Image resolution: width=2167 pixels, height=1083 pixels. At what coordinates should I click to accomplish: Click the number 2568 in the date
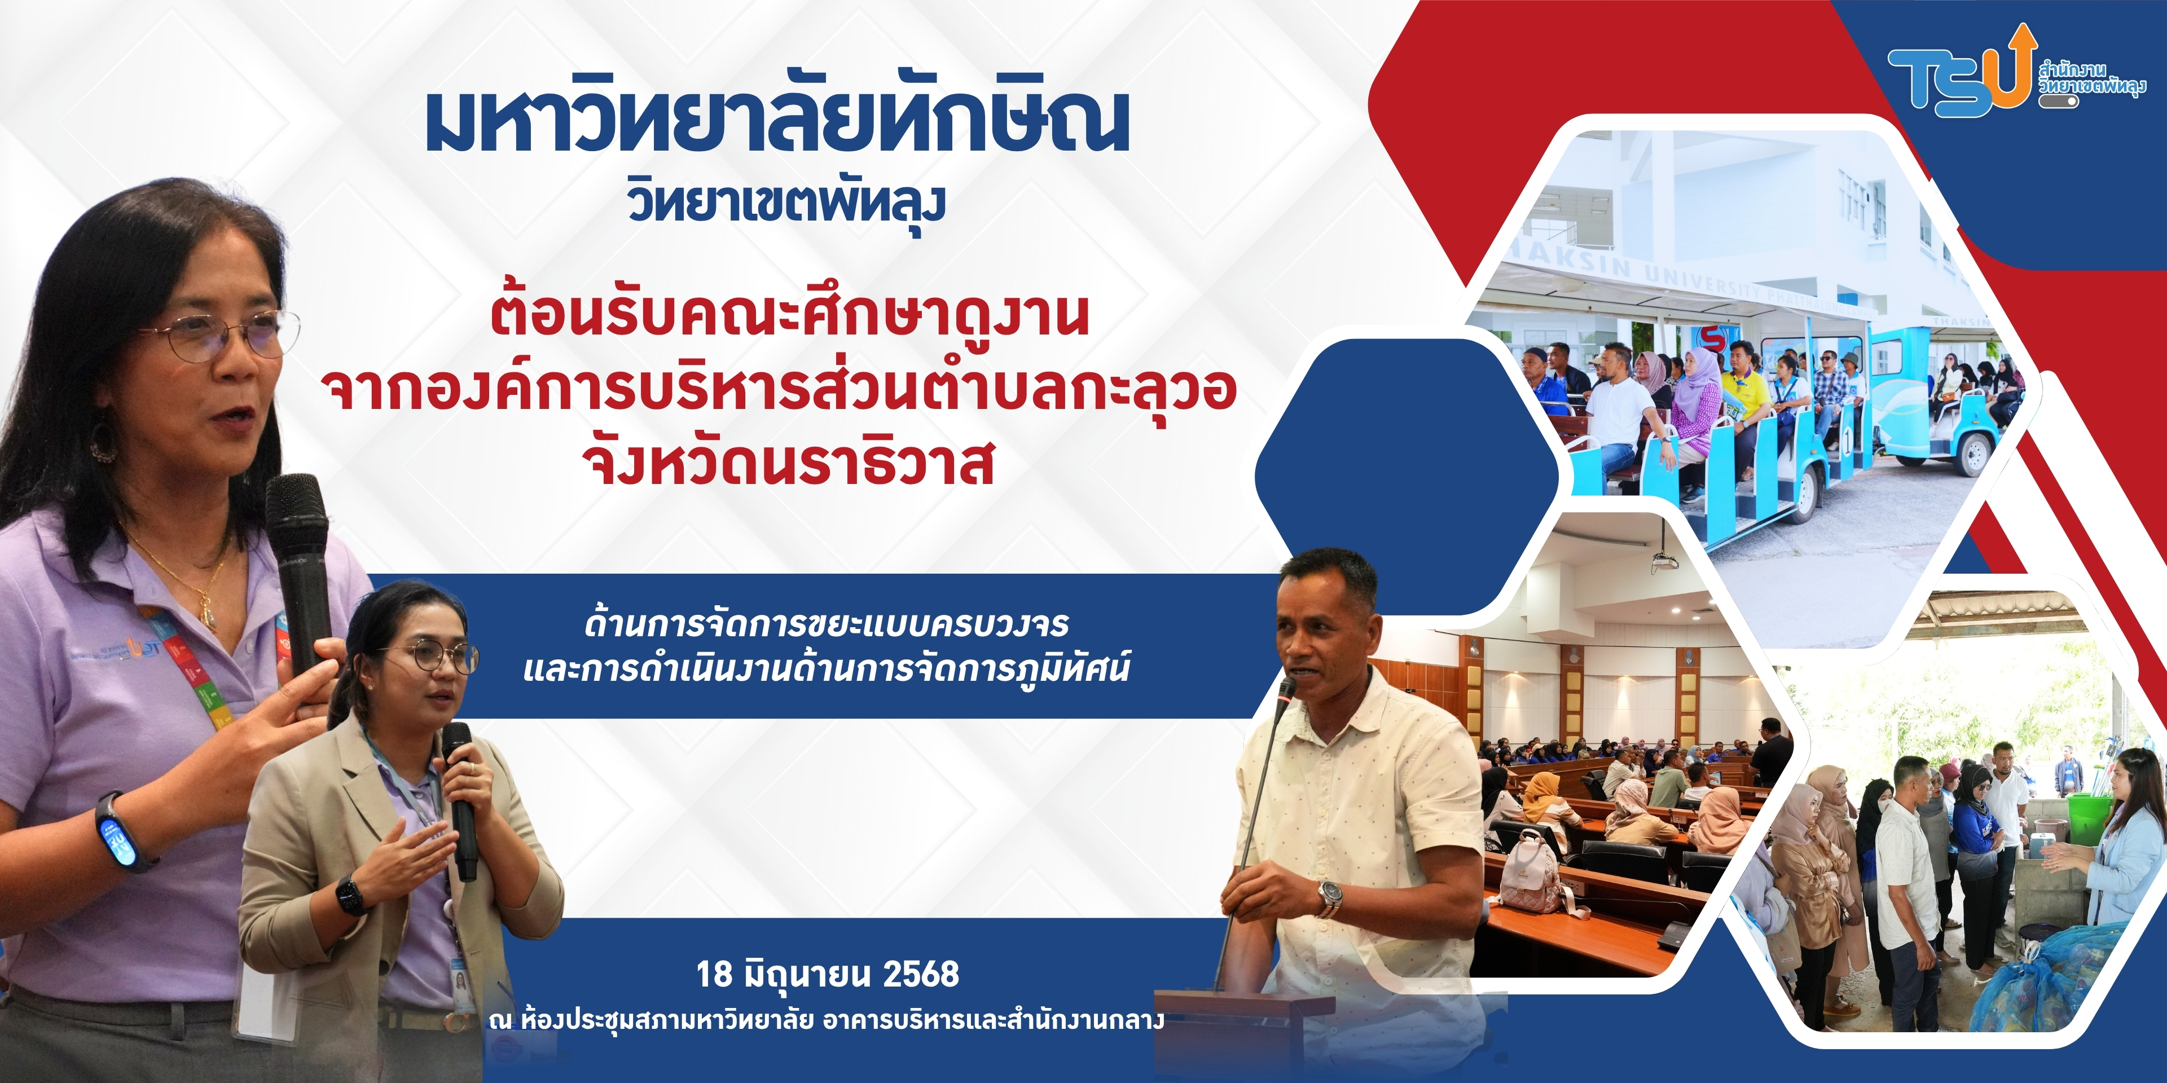click(921, 974)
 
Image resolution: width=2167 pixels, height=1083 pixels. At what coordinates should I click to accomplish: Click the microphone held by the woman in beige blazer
click(461, 799)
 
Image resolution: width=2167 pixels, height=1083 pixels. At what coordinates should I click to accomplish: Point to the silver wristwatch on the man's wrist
click(1330, 898)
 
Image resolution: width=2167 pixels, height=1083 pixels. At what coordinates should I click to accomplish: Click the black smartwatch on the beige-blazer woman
click(351, 895)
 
